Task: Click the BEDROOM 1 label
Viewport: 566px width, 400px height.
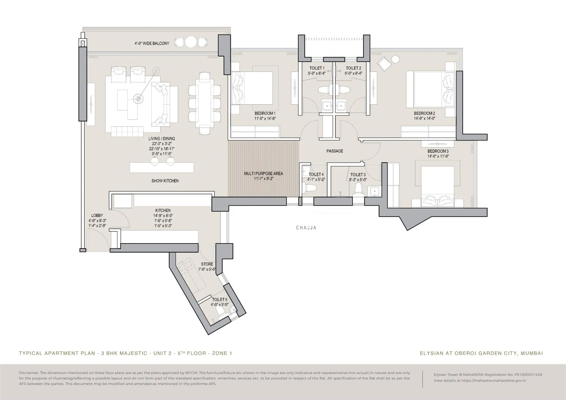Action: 265,113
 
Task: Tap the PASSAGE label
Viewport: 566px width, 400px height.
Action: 335,151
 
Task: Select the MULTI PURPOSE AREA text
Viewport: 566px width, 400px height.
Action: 263,173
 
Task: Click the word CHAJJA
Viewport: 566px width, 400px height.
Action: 306,228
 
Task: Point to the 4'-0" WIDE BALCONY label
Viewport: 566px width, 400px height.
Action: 152,43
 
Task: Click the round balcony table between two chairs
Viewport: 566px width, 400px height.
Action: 191,42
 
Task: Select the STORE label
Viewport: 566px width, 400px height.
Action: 207,264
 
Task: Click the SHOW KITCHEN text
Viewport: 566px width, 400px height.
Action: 165,181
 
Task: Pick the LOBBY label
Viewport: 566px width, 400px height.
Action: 97,216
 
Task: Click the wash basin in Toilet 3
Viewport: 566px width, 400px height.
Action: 374,191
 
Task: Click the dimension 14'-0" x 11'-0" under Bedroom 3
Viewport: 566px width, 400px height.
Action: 438,156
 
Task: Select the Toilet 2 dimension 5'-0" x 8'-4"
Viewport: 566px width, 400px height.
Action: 353,73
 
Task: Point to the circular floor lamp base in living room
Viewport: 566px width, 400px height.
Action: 138,99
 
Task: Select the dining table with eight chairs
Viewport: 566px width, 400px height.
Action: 205,103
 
